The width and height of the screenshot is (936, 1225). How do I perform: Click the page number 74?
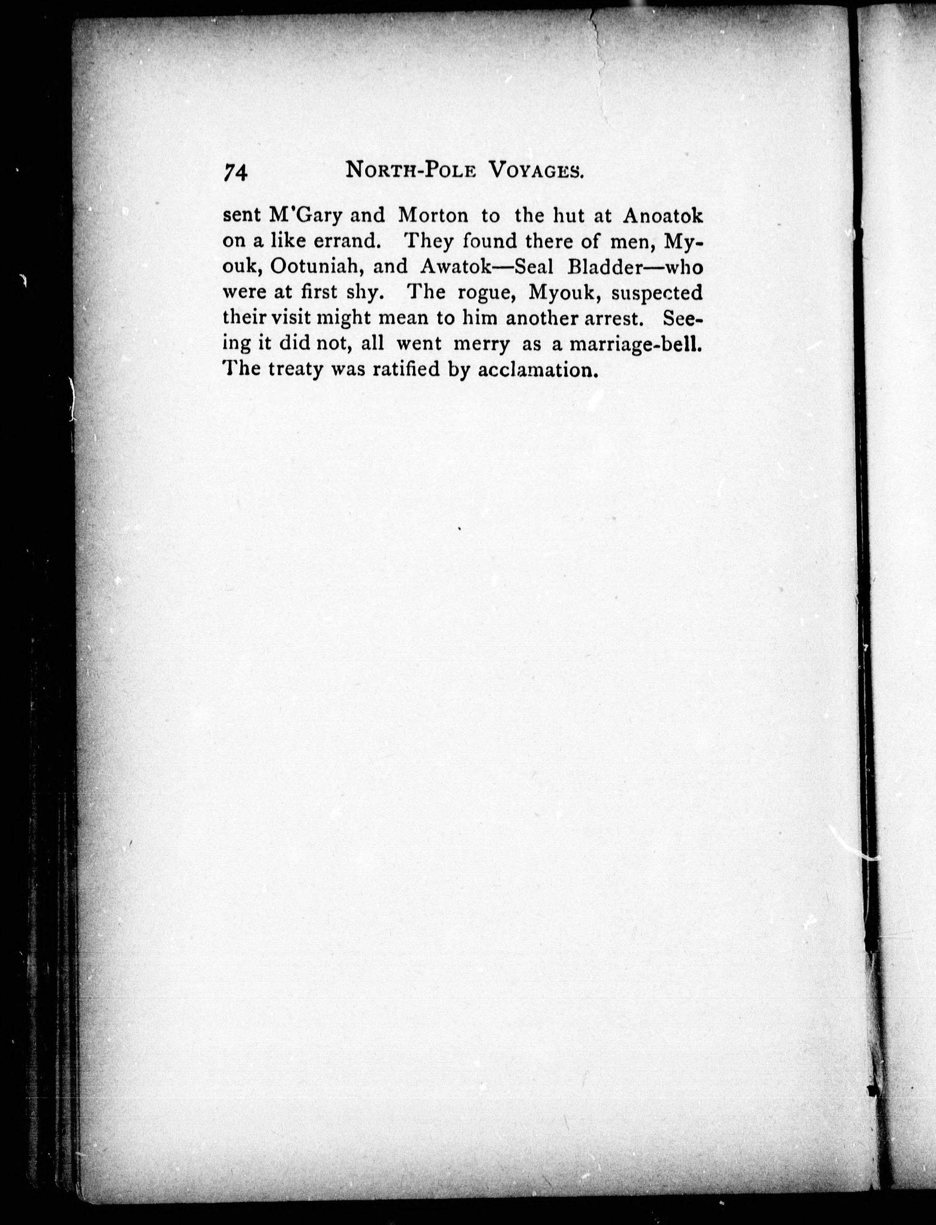[x=235, y=172]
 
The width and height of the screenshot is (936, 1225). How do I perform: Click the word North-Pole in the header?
[x=411, y=170]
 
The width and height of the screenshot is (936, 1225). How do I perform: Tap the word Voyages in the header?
[x=537, y=170]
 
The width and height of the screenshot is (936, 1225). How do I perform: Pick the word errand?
[x=347, y=242]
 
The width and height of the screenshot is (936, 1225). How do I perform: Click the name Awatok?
[x=456, y=267]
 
